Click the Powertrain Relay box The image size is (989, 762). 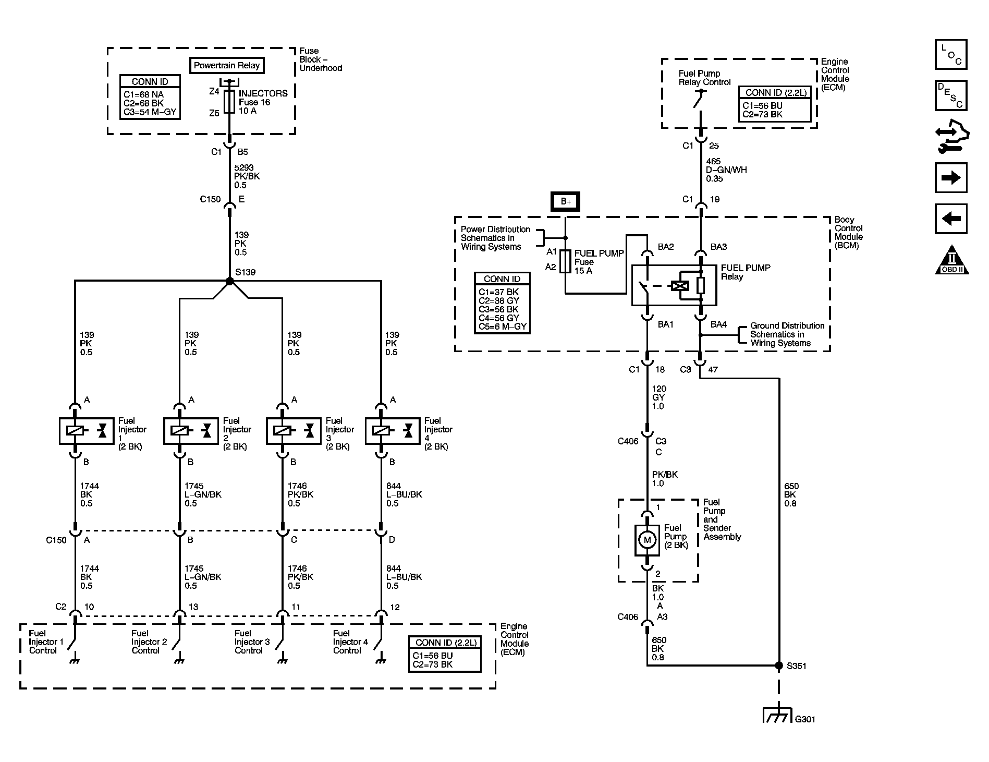tap(227, 65)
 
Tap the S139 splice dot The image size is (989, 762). tap(230, 281)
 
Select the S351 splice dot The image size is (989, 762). tap(779, 666)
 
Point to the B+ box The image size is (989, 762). tap(566, 201)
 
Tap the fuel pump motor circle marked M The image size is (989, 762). tap(647, 540)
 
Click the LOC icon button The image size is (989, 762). tap(951, 54)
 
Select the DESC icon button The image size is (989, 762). tap(951, 95)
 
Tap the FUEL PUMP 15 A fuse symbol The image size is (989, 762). tap(566, 262)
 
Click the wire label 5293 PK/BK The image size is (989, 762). tap(247, 176)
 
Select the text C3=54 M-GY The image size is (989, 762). tap(150, 112)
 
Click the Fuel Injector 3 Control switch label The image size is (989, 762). tap(252, 642)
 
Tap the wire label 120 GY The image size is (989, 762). tap(659, 397)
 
